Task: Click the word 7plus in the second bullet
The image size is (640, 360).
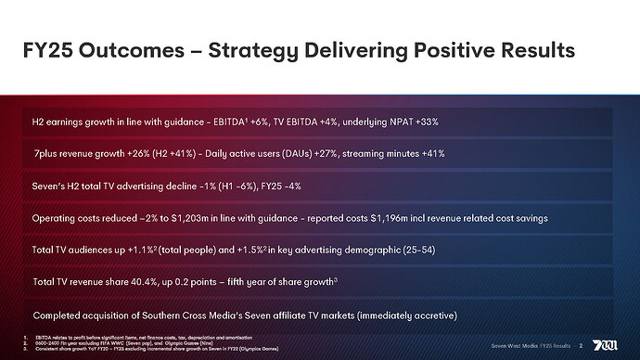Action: [x=49, y=154]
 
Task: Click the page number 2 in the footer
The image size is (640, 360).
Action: [x=581, y=345]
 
